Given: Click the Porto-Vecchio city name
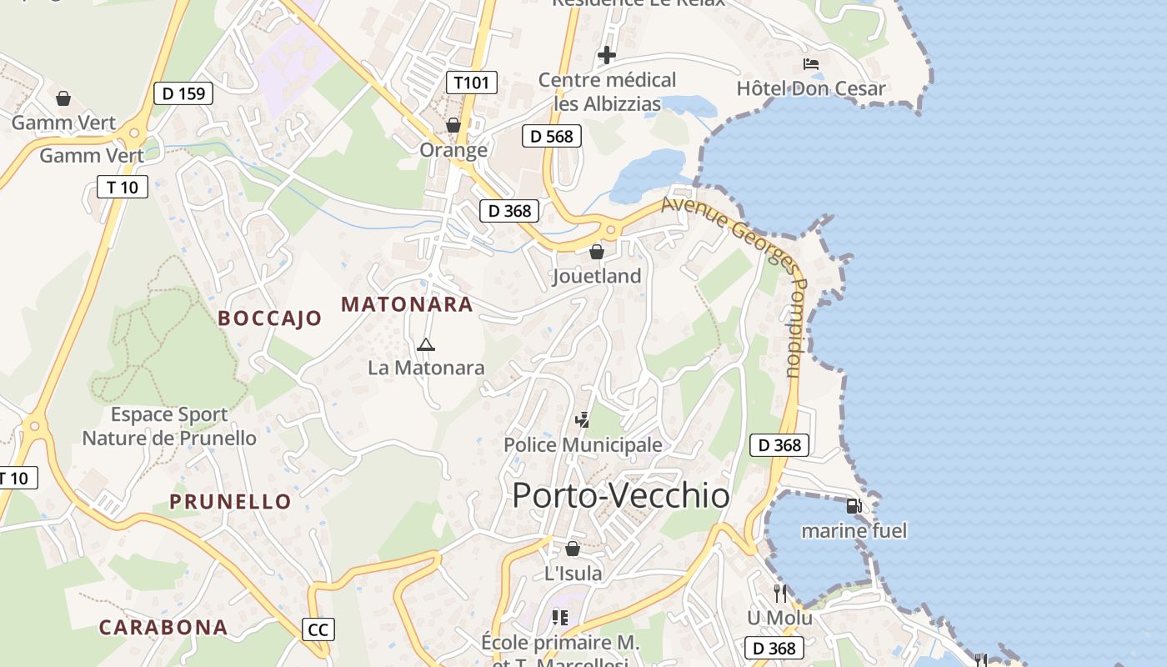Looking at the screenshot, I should click(x=621, y=495).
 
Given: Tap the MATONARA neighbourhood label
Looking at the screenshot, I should click(x=407, y=304).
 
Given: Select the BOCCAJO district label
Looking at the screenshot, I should click(x=269, y=318).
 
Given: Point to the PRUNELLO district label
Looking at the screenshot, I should click(x=230, y=501).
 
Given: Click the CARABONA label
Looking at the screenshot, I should click(x=163, y=627).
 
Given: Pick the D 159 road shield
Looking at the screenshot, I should click(x=183, y=93).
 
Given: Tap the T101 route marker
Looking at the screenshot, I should click(x=472, y=83).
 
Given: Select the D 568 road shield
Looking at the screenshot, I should click(x=551, y=136).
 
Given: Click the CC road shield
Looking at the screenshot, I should click(x=318, y=629).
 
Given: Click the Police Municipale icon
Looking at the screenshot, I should click(x=583, y=419).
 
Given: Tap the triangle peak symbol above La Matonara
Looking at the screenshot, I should click(x=426, y=344).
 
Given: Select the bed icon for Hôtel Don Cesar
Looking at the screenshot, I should click(x=811, y=64).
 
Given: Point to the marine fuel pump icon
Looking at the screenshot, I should click(x=854, y=505).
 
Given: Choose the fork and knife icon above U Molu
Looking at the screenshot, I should click(x=780, y=594).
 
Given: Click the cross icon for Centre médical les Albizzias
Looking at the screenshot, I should click(x=607, y=55).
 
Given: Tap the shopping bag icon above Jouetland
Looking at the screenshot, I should click(x=597, y=251).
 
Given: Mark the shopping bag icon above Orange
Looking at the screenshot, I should click(x=453, y=125).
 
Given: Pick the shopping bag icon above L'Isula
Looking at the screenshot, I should click(x=573, y=548).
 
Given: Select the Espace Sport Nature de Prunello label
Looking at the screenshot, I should click(x=169, y=426).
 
